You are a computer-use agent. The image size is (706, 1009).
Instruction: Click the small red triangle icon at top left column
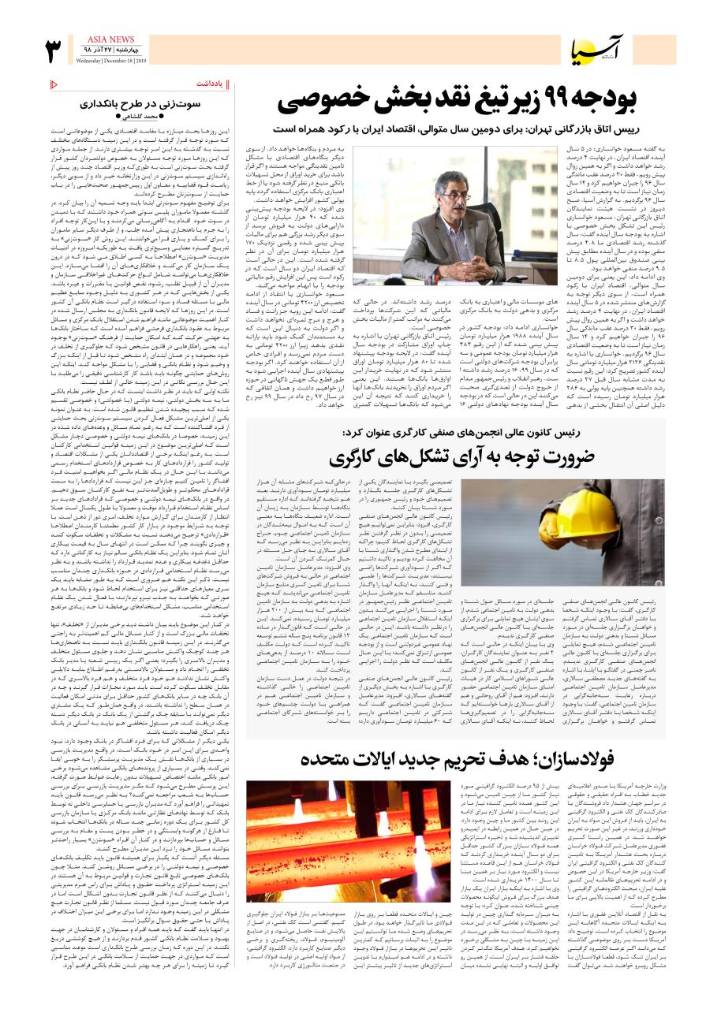[x=54, y=84]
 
